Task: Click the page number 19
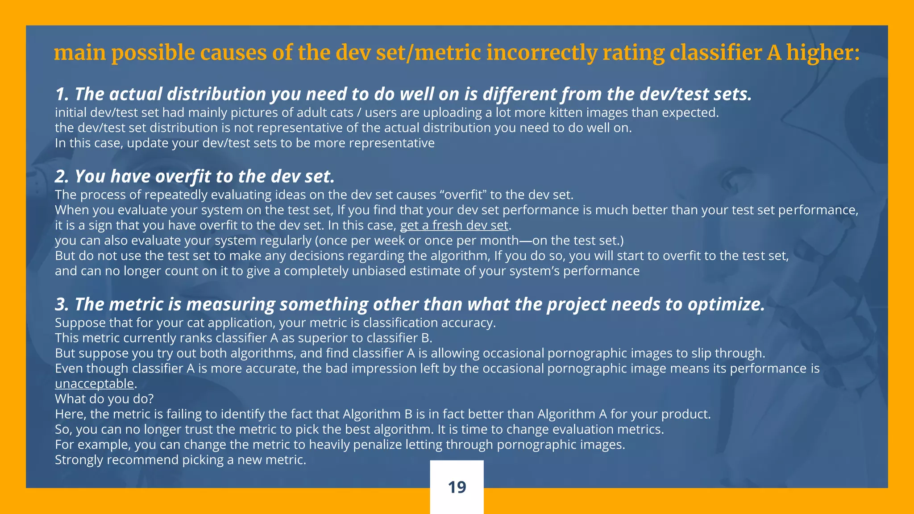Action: pos(457,487)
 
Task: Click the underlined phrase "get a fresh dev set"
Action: pos(454,225)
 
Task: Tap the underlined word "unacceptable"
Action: pos(94,383)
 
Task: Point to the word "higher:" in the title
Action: pos(823,53)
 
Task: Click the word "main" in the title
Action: pos(79,53)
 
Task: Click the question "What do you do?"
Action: pos(104,398)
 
